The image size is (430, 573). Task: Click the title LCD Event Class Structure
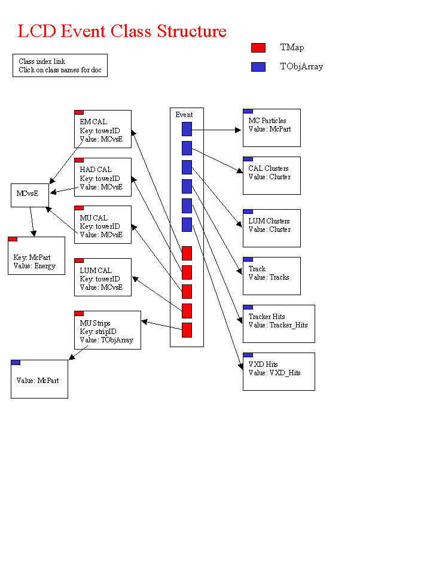coord(122,31)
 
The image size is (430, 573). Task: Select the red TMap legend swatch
coord(258,48)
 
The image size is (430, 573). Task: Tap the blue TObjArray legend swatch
coord(258,67)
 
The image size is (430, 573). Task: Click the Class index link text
coord(41,62)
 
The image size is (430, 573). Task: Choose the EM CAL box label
coord(93,122)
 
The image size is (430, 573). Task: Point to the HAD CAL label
coord(96,170)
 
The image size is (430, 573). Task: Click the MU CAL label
coord(93,218)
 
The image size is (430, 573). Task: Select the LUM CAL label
coord(96,271)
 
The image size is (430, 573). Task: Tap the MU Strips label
coord(95,323)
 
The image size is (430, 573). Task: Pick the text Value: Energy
coord(34,266)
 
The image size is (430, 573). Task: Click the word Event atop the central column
coord(184,115)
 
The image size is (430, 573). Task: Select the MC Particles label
coord(267,121)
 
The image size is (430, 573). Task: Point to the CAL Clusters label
coord(269,168)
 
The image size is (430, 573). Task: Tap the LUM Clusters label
coord(269,221)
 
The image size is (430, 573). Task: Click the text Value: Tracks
coord(269,277)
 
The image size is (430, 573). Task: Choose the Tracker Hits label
coord(267,317)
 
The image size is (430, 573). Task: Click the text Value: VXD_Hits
coord(275,373)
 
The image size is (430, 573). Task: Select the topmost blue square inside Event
coord(187,129)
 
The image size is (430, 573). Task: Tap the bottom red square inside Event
coord(187,330)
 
